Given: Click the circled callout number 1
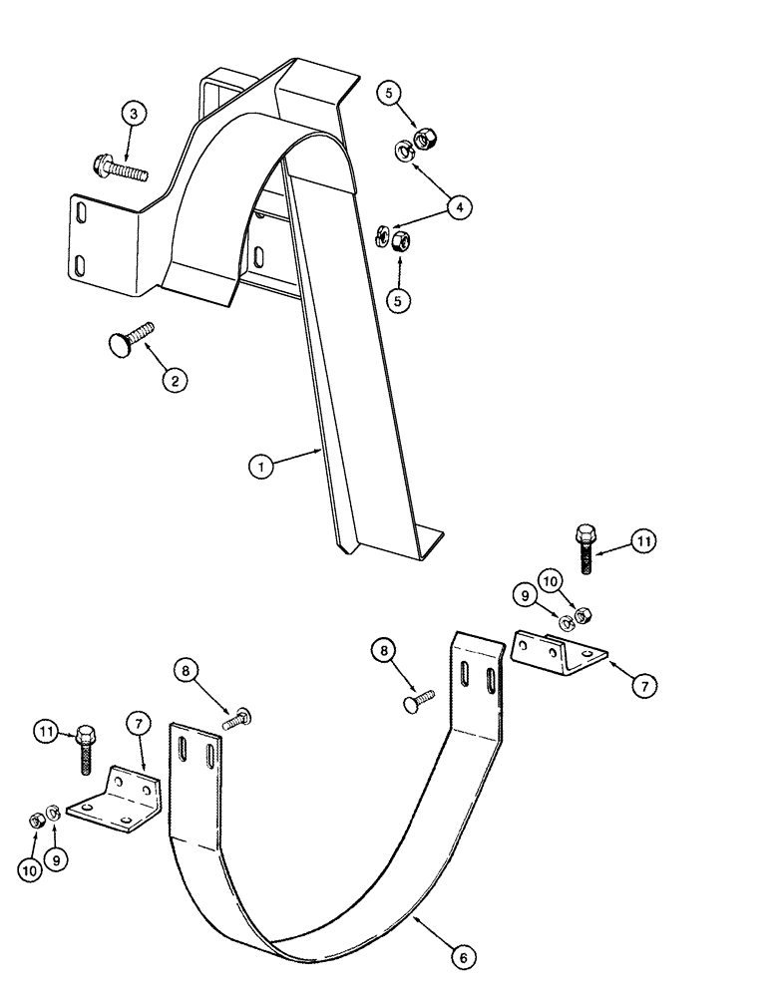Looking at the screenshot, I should (261, 466).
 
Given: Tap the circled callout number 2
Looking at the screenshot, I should (176, 379).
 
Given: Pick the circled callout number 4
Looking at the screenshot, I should (458, 207).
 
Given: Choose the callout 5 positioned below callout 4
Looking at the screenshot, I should (400, 300).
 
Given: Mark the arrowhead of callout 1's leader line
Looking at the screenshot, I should (319, 450).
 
